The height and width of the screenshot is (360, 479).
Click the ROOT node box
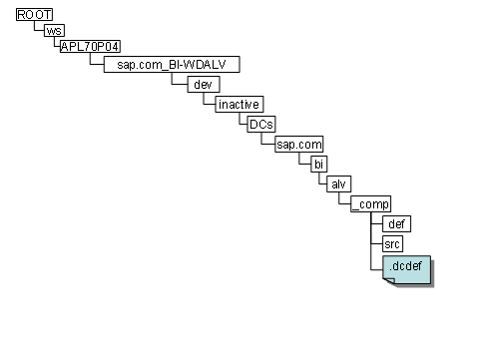point(34,15)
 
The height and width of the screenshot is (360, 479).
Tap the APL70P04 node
point(90,47)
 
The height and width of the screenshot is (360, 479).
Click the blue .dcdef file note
point(405,267)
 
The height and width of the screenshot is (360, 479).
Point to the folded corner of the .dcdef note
point(389,279)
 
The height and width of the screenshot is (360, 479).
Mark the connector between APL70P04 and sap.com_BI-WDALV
point(92,61)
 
